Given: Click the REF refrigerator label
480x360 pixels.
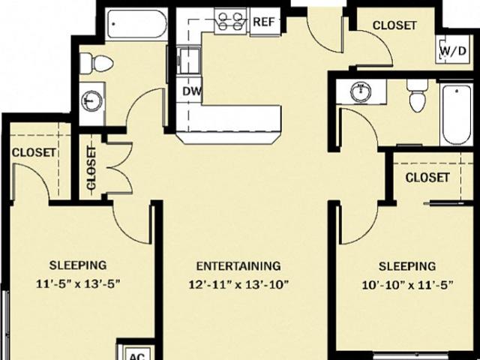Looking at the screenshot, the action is pyautogui.click(x=264, y=22).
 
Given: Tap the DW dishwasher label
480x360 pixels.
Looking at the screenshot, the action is pyautogui.click(x=192, y=91).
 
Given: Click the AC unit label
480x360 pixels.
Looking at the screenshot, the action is pyautogui.click(x=137, y=356).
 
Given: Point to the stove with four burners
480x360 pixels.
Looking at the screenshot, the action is pyautogui.click(x=232, y=21).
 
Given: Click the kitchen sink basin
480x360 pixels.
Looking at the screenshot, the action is pyautogui.click(x=188, y=60).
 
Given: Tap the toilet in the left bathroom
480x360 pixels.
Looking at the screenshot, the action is pyautogui.click(x=97, y=63).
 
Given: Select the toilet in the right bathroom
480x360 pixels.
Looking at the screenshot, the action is pyautogui.click(x=416, y=95).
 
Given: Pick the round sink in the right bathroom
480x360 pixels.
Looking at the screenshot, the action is pyautogui.click(x=361, y=91).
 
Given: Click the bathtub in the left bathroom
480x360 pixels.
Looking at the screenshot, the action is pyautogui.click(x=136, y=24).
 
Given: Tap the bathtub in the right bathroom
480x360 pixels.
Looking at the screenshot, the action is pyautogui.click(x=457, y=114).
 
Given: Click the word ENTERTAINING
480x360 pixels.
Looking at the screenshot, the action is pyautogui.click(x=238, y=265).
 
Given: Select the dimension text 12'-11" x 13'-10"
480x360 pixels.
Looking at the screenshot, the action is pyautogui.click(x=238, y=285).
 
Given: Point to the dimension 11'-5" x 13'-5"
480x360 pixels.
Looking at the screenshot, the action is pyautogui.click(x=78, y=283).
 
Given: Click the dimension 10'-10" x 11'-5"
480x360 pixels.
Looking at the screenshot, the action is pyautogui.click(x=407, y=285).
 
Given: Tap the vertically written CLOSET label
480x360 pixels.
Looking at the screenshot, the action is pyautogui.click(x=91, y=168).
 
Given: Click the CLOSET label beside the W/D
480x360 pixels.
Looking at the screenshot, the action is pyautogui.click(x=394, y=25).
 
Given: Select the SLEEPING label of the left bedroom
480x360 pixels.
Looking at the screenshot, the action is pyautogui.click(x=78, y=265).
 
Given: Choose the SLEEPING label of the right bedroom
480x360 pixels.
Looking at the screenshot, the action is pyautogui.click(x=407, y=266).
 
